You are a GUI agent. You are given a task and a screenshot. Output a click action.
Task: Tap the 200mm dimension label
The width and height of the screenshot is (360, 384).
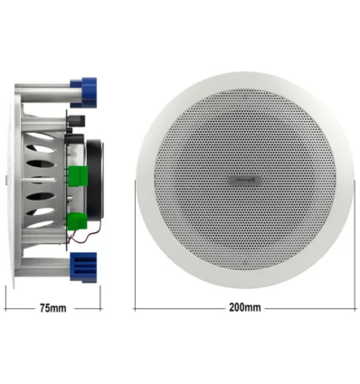point(245,309)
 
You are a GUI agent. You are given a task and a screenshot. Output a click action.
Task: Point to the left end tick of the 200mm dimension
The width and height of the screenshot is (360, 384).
point(136,309)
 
